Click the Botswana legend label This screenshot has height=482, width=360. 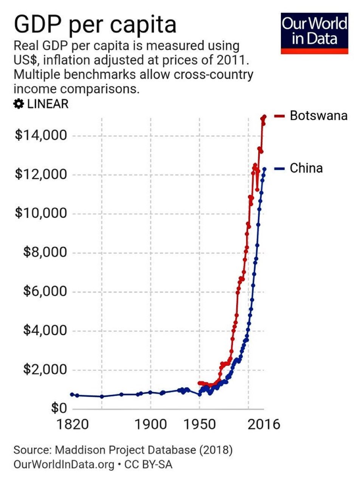coord(318,115)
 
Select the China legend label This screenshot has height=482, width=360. coord(306,168)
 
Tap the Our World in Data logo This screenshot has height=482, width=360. coord(314,34)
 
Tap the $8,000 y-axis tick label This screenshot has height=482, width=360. coord(44,253)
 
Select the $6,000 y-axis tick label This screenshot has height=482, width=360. coord(44,292)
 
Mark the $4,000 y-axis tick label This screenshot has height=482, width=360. coord(44,331)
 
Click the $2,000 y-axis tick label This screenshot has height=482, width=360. coord(44,370)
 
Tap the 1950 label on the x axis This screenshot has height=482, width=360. coord(199,424)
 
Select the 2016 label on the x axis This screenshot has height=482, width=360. coord(264,424)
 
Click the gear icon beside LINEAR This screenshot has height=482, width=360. coord(18,104)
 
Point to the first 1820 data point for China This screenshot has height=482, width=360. coord(72,394)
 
